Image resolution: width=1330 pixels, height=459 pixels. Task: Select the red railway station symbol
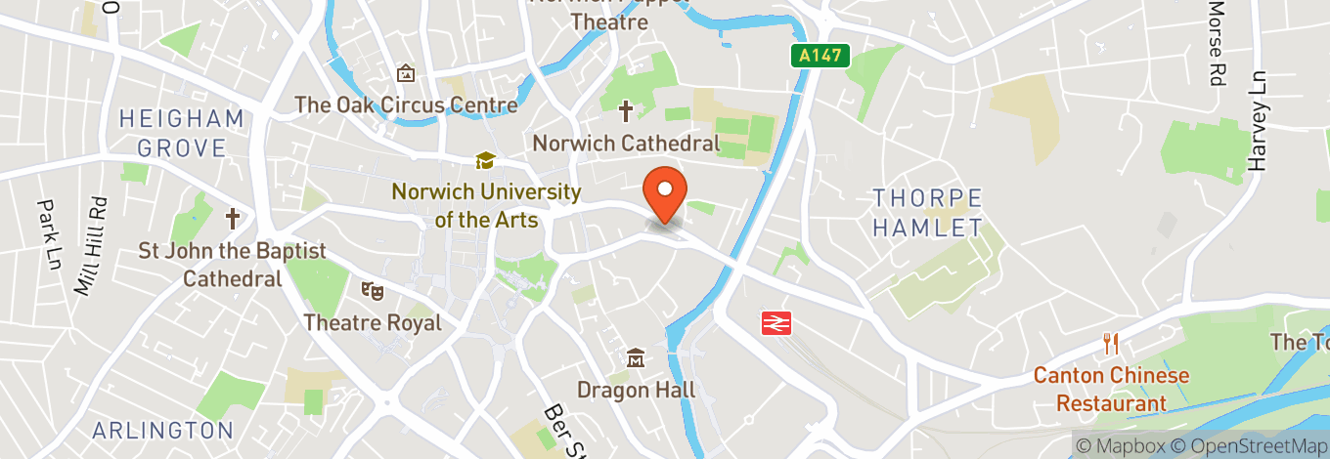[776, 322]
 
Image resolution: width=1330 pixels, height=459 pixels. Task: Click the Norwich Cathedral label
[626, 144]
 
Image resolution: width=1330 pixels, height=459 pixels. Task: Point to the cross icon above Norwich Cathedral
[625, 111]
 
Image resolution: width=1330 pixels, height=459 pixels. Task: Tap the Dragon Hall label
[636, 390]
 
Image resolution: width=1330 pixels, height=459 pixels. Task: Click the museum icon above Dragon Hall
[636, 358]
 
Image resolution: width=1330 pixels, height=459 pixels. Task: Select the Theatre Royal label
[373, 322]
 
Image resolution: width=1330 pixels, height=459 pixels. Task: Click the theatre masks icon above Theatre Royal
[372, 290]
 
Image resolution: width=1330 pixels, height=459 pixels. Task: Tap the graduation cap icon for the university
[485, 160]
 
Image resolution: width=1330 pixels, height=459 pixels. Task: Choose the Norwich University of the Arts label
[486, 206]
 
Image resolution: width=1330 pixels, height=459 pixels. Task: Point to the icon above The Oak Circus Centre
[406, 73]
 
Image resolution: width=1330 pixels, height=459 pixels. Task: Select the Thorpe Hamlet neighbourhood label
[927, 213]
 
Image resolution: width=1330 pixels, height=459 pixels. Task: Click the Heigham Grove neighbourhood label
[181, 134]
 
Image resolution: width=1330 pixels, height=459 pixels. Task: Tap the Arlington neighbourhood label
[163, 430]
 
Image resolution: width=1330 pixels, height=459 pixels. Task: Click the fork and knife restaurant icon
[1111, 344]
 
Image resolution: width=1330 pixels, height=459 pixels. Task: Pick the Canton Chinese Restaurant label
[1112, 389]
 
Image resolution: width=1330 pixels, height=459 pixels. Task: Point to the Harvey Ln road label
[1258, 121]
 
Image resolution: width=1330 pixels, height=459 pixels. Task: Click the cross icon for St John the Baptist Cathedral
[233, 218]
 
